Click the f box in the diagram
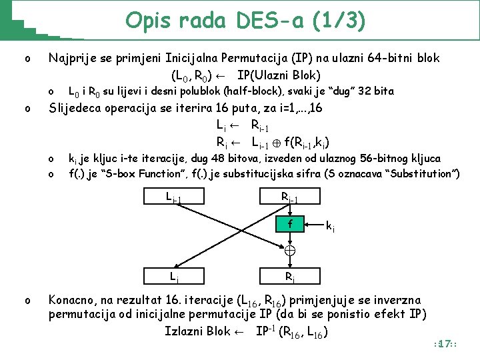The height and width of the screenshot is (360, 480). (x=289, y=224)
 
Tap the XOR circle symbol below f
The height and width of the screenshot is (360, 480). (x=289, y=251)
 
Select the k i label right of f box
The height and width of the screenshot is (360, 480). (x=330, y=227)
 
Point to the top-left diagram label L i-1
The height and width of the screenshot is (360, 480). (x=173, y=197)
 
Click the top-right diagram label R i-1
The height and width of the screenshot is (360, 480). (x=289, y=197)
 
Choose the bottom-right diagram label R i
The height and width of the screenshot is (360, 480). (x=290, y=275)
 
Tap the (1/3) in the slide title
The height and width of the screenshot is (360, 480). (x=343, y=21)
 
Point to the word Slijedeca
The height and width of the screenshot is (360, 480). (x=79, y=108)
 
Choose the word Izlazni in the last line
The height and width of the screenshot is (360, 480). (x=186, y=331)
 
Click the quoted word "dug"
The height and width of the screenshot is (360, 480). (x=337, y=91)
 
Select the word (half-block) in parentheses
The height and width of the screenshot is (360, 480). (x=257, y=91)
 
